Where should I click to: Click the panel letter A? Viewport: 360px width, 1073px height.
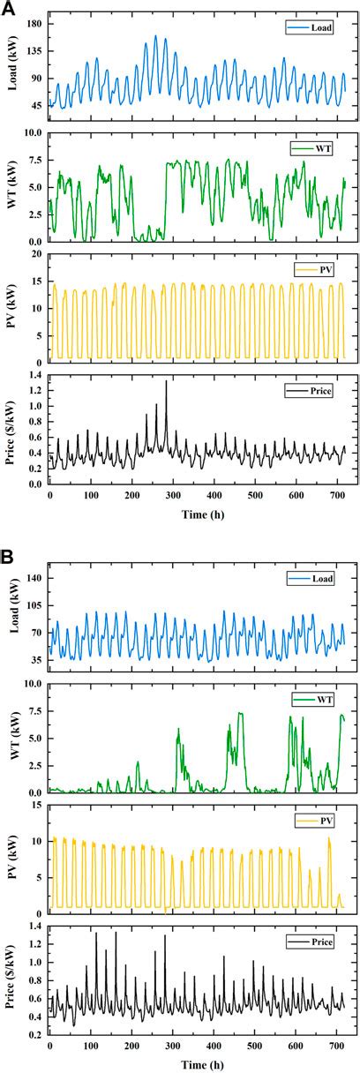8,7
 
